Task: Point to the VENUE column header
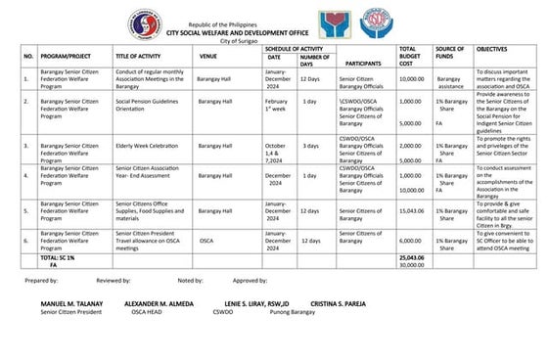click(207, 54)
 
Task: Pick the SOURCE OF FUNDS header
click(449, 53)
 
